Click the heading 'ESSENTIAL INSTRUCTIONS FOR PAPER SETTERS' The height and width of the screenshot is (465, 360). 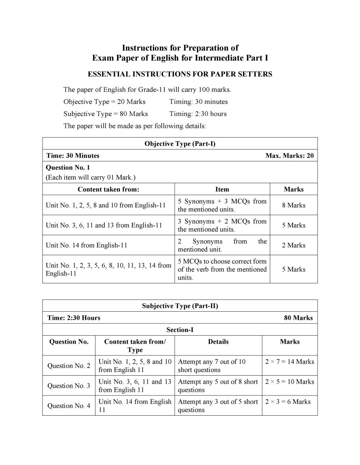(180, 74)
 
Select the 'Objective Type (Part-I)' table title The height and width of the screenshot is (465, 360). (180, 144)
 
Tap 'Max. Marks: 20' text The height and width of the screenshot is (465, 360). (289, 156)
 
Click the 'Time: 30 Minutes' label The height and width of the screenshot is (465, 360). (73, 156)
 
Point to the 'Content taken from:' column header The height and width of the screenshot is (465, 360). (108, 189)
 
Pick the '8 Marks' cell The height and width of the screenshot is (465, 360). (294, 205)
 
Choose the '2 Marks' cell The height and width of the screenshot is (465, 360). (294, 245)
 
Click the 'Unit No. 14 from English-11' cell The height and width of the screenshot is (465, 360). (86, 245)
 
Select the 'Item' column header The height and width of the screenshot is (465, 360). (222, 189)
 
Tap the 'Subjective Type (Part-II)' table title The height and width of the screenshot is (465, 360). (180, 306)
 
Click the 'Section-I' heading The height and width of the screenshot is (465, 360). (180, 330)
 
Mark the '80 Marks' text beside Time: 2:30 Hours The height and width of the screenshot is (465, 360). (298, 318)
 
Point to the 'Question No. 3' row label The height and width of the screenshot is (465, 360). (69, 386)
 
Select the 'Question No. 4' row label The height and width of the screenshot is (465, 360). (69, 406)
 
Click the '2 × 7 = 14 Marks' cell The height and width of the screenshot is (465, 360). (290, 362)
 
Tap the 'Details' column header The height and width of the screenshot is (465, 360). (218, 342)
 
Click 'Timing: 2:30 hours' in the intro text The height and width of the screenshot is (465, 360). (198, 114)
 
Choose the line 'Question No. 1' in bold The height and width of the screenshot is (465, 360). (63, 167)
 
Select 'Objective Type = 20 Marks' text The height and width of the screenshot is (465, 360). (104, 101)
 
